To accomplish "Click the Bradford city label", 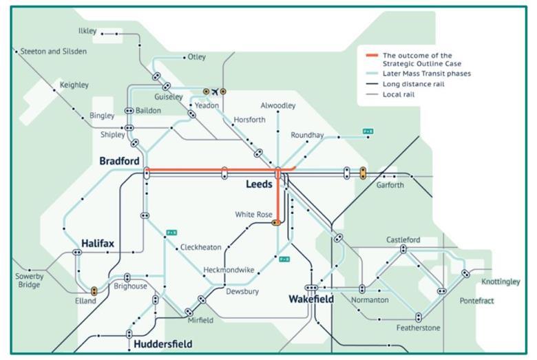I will tap(119, 161).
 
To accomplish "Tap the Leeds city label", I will tap(259, 184).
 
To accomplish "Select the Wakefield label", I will tap(311, 299).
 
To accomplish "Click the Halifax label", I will tap(97, 244).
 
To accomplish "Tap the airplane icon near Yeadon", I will tap(214, 91).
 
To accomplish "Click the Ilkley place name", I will tap(87, 32).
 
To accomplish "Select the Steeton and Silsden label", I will tap(54, 52).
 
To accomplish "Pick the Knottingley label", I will tap(501, 282).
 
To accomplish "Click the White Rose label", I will tap(254, 214).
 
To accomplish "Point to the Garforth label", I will tap(390, 185).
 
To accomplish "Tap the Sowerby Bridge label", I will tap(29, 280).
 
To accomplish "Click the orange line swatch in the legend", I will tap(371, 55).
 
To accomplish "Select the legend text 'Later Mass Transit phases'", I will tap(427, 74).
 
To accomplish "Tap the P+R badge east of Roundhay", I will tap(368, 131).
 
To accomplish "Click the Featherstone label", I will tap(418, 328).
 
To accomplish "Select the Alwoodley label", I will tap(278, 105).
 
